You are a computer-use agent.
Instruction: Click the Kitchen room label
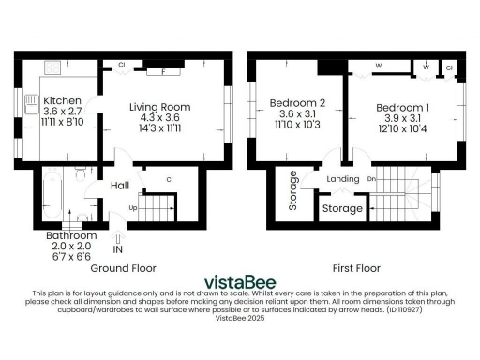tap(62, 99)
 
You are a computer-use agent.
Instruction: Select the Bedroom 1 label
tap(403, 109)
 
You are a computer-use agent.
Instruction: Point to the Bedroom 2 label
tap(297, 102)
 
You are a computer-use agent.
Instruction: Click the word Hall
tap(119, 186)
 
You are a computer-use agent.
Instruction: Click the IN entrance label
tap(118, 250)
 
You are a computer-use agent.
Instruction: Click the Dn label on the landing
tap(371, 177)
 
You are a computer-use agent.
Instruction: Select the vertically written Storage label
tap(293, 190)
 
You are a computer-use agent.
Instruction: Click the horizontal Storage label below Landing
tap(343, 208)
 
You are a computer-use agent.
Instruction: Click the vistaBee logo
tap(240, 281)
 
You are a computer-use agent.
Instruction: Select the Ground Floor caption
tap(130, 267)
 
